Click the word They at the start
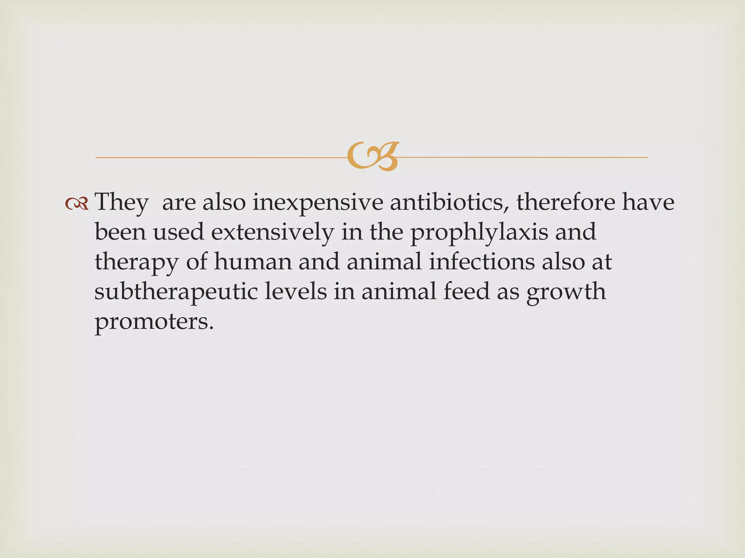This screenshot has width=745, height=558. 121,202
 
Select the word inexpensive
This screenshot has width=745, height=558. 318,202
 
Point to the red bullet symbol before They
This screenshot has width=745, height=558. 77,204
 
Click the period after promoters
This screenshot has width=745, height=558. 211,327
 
